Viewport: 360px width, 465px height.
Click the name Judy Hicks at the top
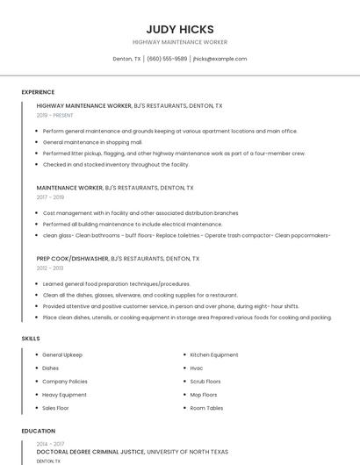pos(180,29)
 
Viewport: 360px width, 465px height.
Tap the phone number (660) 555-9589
pos(167,59)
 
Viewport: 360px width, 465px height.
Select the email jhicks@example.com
pos(220,59)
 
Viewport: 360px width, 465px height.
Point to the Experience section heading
pos(38,92)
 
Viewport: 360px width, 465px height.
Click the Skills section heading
pos(30,338)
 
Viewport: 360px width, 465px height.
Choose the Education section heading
pos(38,431)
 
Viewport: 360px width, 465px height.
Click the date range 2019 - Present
pos(55,115)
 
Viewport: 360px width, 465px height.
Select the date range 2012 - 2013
pos(49,268)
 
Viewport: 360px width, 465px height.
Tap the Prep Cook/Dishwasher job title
pos(73,259)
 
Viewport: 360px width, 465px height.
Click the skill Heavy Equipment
pos(64,395)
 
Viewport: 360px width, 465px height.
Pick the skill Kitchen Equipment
pos(214,354)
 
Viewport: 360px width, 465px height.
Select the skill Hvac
pos(197,368)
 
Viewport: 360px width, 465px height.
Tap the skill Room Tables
pos(206,408)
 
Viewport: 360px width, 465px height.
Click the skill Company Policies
pos(65,382)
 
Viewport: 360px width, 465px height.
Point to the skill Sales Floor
pos(55,408)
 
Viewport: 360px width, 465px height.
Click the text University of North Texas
pos(187,451)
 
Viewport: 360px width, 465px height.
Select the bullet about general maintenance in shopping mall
pos(92,142)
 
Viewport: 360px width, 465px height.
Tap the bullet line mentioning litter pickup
pos(174,153)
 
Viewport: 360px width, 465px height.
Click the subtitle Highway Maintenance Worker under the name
pos(180,42)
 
